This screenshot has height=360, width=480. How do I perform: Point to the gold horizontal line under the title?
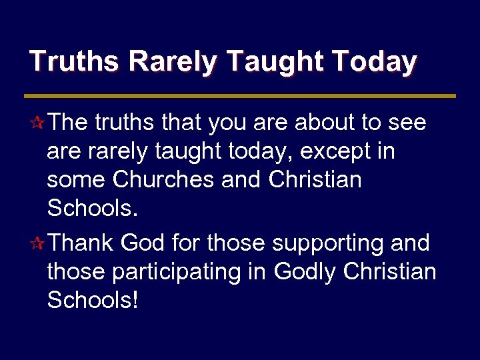242,96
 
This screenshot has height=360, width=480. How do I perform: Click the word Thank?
81,243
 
